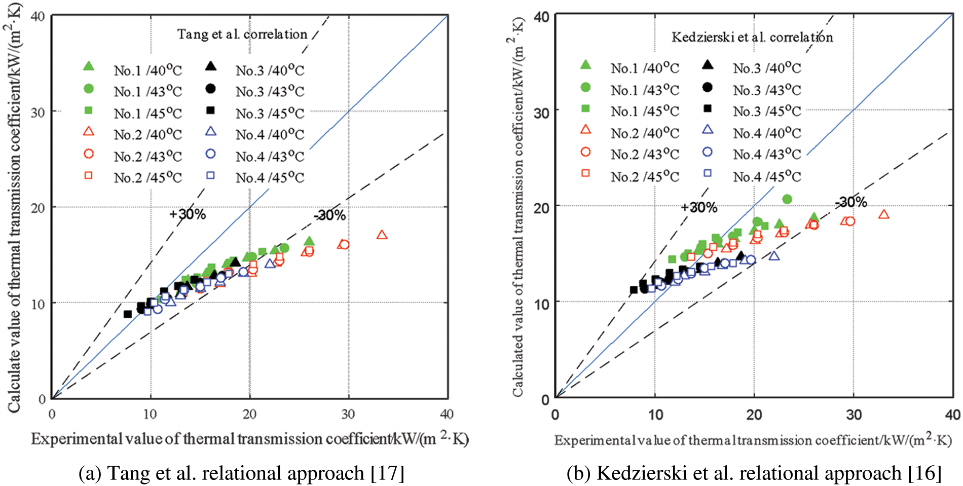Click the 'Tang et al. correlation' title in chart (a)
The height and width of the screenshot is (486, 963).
pos(242,34)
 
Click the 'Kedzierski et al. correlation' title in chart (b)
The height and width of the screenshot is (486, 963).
pos(752,37)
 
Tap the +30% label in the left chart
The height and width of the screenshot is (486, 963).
pos(188,214)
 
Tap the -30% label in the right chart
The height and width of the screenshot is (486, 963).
pos(851,202)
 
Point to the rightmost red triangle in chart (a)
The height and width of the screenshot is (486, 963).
pos(382,235)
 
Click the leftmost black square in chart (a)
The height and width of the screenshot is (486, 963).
pos(128,314)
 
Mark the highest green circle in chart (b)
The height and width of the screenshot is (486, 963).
pos(787,199)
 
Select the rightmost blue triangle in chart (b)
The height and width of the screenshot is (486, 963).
pos(774,256)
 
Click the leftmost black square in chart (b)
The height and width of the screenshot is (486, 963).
pos(634,290)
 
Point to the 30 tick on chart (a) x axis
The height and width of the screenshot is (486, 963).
pos(348,414)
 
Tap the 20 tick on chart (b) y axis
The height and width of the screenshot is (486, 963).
pos(541,207)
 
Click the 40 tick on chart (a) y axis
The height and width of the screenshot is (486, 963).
pos(38,16)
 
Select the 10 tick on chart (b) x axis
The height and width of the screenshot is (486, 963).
pos(655,415)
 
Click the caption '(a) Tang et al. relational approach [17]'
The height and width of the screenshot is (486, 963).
pos(241,473)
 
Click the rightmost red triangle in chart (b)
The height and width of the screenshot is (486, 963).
pos(884,214)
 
